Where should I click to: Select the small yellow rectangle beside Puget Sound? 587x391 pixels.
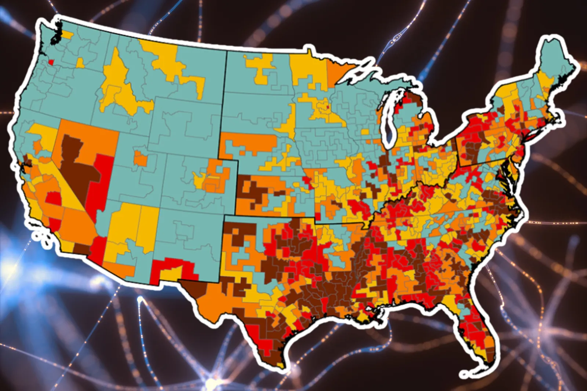click(67, 35)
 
